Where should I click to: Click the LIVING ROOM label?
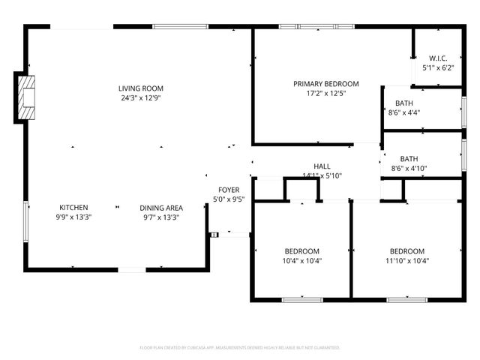pos(141,88)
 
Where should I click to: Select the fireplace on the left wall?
pos(25,97)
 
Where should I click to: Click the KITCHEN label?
pos(74,208)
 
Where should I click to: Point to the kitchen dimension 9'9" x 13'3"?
pos(74,217)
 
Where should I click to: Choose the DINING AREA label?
pos(161,208)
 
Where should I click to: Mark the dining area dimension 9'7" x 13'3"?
pos(161,217)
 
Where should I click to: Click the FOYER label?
pos(229,190)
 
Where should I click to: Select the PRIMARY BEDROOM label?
pos(325,84)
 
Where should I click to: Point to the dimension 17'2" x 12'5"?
pos(325,94)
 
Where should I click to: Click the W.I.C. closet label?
pos(439,58)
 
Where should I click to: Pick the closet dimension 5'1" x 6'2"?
pos(439,67)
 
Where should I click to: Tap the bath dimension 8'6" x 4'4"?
pos(404,112)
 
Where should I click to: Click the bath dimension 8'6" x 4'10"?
pos(409,169)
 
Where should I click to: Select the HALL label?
pos(322,166)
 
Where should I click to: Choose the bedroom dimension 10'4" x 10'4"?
pos(301,261)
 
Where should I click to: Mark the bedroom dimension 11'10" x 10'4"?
pos(406,261)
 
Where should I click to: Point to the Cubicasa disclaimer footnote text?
pos(240,348)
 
